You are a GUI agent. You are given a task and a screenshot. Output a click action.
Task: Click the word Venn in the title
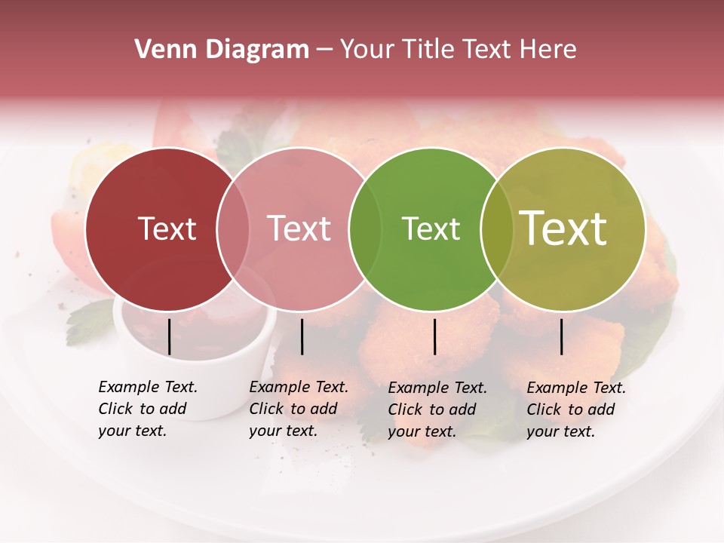161,50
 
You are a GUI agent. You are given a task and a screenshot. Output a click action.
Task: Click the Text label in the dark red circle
167,229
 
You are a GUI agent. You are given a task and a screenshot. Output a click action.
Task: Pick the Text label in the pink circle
299,229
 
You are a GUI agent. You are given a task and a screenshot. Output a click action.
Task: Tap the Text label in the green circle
431,229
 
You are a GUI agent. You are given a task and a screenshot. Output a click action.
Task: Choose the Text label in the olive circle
563,229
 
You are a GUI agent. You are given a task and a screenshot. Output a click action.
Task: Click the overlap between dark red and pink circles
233,229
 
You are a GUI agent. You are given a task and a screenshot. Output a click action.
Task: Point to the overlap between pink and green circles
365,229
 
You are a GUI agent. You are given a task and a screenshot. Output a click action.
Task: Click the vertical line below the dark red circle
169,336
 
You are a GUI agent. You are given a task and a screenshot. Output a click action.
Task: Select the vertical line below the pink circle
302,336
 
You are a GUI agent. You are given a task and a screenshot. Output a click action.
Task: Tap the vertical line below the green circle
434,336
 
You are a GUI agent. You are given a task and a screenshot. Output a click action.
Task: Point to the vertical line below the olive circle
562,336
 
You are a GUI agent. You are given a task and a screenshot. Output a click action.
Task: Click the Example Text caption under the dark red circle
148,409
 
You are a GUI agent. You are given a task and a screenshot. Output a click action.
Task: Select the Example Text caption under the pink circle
299,409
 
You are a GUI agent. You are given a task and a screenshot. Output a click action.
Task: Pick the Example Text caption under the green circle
437,410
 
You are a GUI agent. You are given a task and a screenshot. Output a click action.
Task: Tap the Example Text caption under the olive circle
576,410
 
